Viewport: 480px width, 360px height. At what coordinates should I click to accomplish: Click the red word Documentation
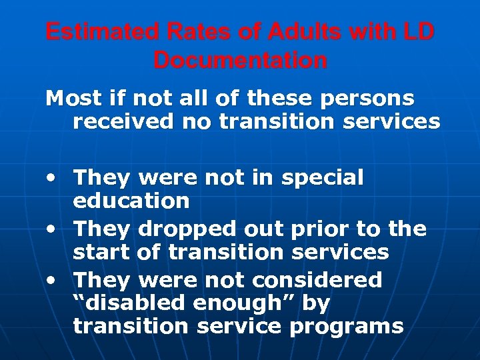point(240,61)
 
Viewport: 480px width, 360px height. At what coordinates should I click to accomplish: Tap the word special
point(323,178)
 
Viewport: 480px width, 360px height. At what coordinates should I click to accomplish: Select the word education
point(132,200)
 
